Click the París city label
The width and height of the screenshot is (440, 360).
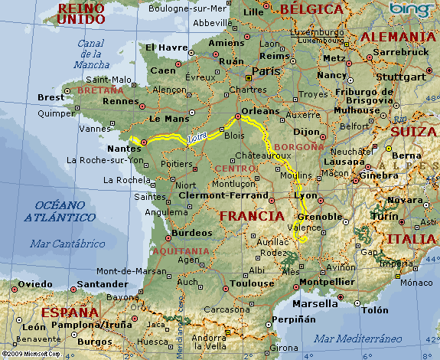pos(266,70)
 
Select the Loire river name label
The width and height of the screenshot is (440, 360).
pos(197,137)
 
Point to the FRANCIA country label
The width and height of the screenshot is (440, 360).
pos(253,216)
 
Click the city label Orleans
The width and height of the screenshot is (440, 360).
pos(259,110)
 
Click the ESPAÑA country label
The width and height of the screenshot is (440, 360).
pos(70,312)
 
